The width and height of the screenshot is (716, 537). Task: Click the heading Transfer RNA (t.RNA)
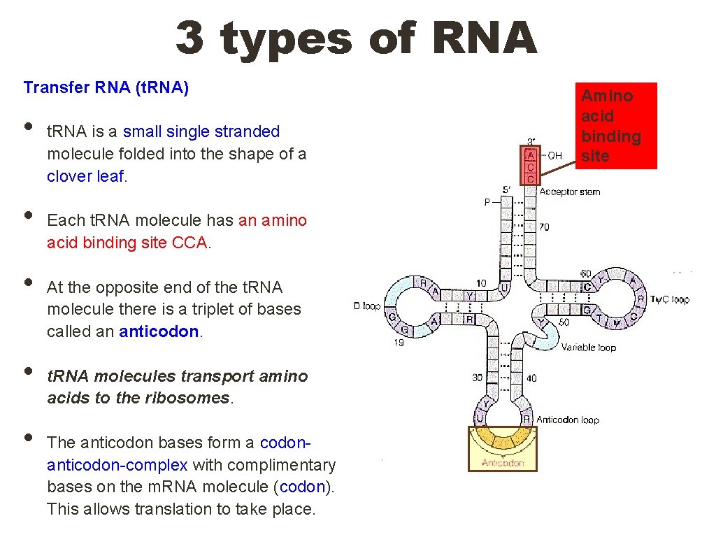point(106,87)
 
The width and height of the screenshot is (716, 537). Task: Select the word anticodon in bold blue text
point(159,331)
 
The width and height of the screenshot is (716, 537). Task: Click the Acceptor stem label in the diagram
point(569,192)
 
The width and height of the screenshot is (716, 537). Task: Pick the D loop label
point(368,306)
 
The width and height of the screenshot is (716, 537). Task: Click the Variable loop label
point(589,347)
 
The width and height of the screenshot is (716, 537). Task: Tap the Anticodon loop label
point(567,420)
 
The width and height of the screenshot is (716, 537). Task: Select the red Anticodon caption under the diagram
point(503,463)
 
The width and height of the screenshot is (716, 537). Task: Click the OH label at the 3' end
point(554,155)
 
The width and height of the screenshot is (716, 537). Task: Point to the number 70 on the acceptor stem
point(545,227)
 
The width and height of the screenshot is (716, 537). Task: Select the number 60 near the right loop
point(585,273)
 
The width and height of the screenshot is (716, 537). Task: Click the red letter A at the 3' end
point(531,155)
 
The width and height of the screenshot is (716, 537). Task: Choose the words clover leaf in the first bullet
point(85,176)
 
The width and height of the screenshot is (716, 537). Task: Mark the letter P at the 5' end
point(487,202)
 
